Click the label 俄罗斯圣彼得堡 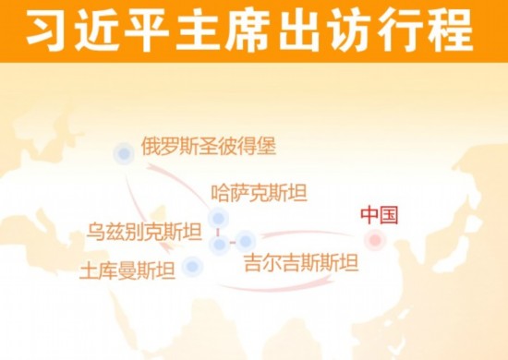pos(209,146)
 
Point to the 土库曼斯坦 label pos(128,270)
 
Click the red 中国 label pos(379,216)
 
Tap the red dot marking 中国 pos(374,241)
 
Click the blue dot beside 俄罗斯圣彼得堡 pos(123,154)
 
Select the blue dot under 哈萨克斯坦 pos(218,218)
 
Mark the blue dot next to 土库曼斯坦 pos(191,268)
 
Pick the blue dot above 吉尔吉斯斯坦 pos(246,241)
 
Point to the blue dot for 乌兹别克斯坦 pos(218,244)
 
